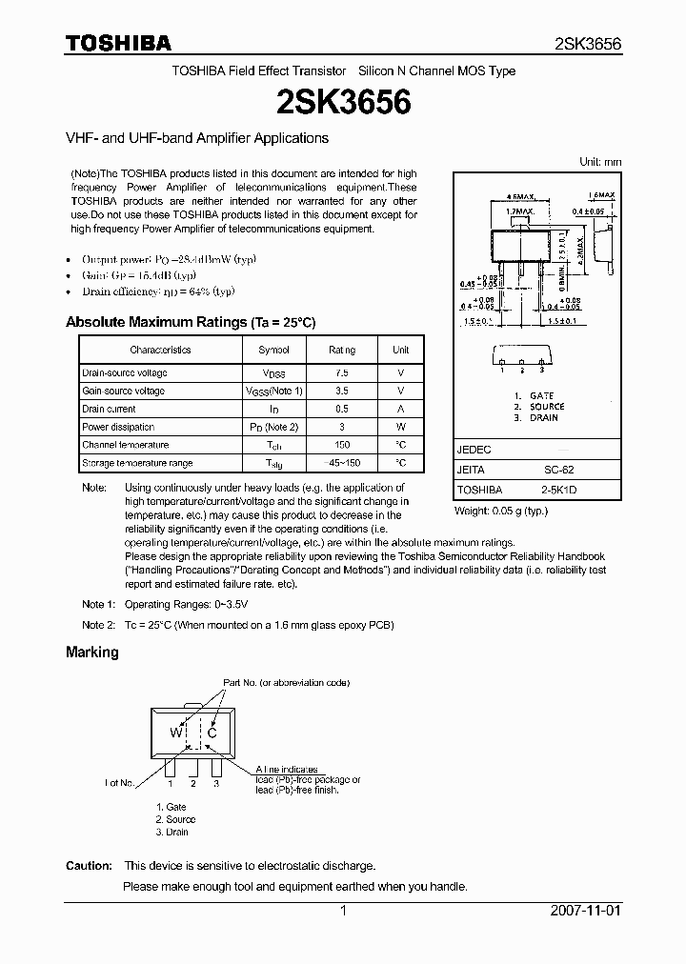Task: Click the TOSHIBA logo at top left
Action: pos(118,43)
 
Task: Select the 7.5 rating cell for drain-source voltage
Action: pos(342,373)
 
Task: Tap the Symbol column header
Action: pos(273,350)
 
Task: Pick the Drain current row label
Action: pos(109,409)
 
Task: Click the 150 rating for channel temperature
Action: pos(342,445)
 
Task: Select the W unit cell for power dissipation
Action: pos(400,427)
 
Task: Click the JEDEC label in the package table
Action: pos(474,450)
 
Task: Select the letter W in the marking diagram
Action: pos(175,733)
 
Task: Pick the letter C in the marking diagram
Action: pos(212,733)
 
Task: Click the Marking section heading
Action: pos(92,653)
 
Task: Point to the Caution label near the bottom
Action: pos(89,866)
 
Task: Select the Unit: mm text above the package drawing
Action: pos(600,162)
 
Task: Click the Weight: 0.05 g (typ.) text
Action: pos(501,512)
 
